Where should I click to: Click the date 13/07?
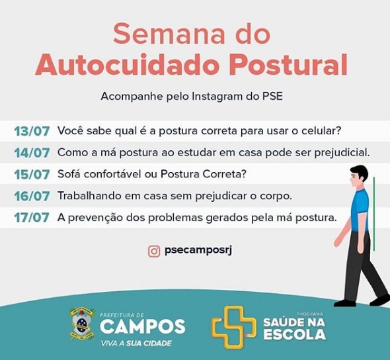(x=32, y=131)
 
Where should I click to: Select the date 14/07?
(x=32, y=153)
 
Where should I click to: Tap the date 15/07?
(x=32, y=175)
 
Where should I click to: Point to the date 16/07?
(x=32, y=196)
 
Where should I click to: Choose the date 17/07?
(x=32, y=218)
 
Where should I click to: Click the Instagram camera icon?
(x=154, y=251)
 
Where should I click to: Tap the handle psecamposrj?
(x=198, y=250)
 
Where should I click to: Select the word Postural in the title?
(x=290, y=65)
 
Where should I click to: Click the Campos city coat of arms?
(x=83, y=324)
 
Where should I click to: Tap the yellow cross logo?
(x=234, y=327)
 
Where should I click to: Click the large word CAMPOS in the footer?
(x=143, y=326)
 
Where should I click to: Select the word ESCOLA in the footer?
(x=295, y=334)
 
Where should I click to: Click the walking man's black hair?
(x=360, y=172)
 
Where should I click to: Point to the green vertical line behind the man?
(x=374, y=214)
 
